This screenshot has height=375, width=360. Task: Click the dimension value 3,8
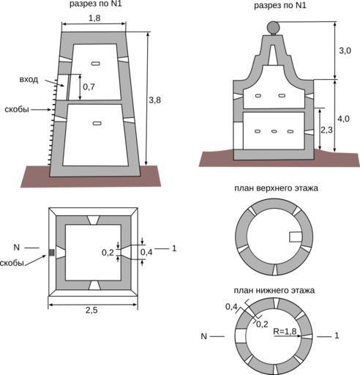point(155,100)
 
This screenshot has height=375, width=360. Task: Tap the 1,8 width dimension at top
point(94,18)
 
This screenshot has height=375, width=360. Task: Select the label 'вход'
point(29,80)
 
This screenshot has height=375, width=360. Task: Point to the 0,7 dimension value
point(89,86)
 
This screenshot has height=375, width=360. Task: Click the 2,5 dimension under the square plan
point(91,310)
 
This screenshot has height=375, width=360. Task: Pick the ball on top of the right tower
point(273,27)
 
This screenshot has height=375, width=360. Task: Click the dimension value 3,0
point(345,51)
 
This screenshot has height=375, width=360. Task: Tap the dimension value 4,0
point(343,119)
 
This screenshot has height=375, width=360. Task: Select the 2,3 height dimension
point(326,130)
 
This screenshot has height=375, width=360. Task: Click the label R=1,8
point(285,331)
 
